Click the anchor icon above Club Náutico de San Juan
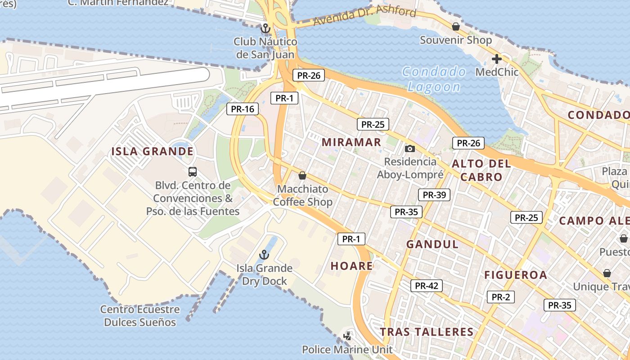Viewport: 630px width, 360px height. (x=265, y=29)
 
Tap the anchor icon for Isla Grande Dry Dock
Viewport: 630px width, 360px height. (x=264, y=255)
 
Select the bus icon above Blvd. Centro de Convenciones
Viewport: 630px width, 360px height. (x=193, y=171)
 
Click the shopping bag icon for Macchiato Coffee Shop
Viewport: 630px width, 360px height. (x=302, y=175)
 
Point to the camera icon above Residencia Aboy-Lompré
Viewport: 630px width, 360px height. (x=409, y=148)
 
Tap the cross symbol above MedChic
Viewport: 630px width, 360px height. (x=497, y=59)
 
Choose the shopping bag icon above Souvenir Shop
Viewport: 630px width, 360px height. (x=456, y=27)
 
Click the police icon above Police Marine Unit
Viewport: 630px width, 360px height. (x=347, y=336)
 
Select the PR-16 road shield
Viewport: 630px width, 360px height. (x=243, y=109)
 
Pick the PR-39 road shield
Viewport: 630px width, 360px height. (x=434, y=195)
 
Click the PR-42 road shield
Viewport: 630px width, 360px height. (x=427, y=286)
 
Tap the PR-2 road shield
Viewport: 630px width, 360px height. (x=500, y=297)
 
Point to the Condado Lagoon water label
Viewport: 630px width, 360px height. (x=434, y=79)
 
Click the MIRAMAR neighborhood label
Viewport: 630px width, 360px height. (x=351, y=142)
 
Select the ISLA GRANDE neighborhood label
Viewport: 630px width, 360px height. (x=153, y=151)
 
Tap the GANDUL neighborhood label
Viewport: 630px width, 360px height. (x=432, y=244)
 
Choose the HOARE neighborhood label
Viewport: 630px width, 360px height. (x=352, y=266)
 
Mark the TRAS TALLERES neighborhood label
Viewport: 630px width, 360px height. (x=427, y=332)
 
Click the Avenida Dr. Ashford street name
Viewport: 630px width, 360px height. (x=365, y=17)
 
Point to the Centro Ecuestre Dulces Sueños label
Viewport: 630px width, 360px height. (x=140, y=316)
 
